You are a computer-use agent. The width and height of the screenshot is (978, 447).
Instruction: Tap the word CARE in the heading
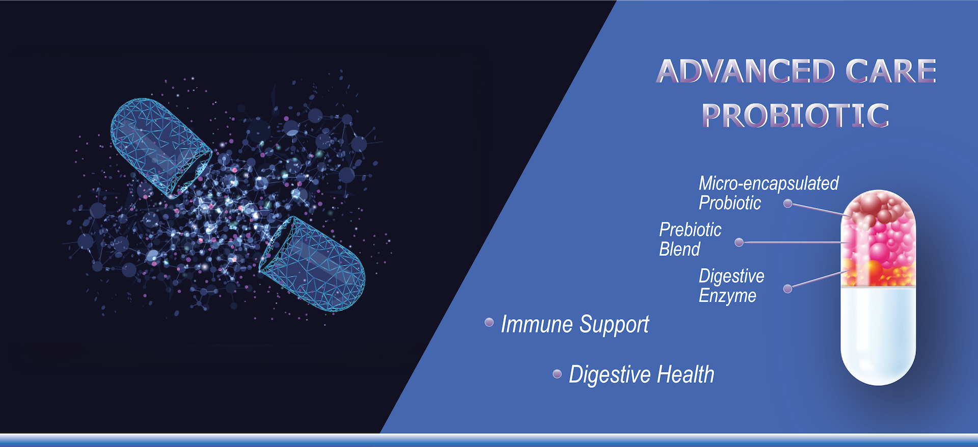point(891,71)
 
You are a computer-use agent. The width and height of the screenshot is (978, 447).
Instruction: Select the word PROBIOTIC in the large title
point(795,115)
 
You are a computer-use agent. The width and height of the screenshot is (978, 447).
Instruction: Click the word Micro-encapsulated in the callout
point(768,183)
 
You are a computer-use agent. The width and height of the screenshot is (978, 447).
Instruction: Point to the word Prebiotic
point(690,230)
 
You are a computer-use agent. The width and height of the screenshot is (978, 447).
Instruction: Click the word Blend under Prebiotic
point(680,249)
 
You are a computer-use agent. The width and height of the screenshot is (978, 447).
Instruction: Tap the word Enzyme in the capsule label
point(727,296)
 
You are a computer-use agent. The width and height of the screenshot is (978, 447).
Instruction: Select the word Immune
point(537,324)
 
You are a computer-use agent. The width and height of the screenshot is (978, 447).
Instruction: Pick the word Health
point(686,375)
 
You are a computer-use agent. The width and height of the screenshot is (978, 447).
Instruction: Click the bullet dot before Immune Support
point(489,322)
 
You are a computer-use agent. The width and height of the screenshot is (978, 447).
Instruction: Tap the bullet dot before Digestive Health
point(557,374)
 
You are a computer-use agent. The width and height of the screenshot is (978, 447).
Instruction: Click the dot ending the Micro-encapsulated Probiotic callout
point(788,204)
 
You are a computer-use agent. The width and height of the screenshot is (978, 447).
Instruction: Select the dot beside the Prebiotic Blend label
point(739,243)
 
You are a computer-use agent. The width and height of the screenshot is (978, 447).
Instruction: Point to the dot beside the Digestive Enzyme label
point(787,289)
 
